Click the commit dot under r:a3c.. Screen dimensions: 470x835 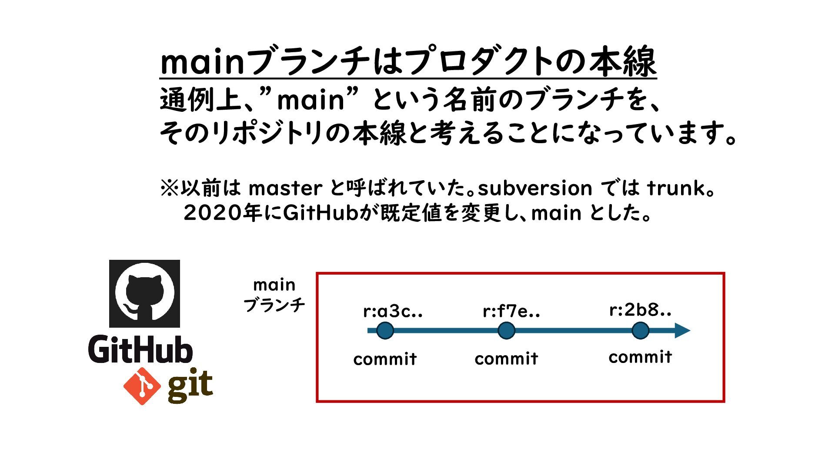point(385,331)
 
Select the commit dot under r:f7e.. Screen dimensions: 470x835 point(506,331)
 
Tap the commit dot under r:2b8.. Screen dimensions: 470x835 point(640,331)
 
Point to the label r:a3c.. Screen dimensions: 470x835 point(393,312)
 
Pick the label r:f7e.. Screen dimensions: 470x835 point(511,312)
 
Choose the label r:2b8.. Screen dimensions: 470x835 point(640,310)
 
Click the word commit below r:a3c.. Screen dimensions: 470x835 point(385,359)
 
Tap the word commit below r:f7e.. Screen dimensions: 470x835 point(506,359)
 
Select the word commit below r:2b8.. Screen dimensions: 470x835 point(640,357)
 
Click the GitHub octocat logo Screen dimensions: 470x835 point(144,293)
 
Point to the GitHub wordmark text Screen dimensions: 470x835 point(140,349)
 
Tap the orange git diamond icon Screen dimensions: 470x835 point(142,386)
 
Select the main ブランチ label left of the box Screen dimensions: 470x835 point(274,295)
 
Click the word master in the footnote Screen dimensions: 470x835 point(285,188)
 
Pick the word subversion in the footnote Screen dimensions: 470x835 point(535,188)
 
